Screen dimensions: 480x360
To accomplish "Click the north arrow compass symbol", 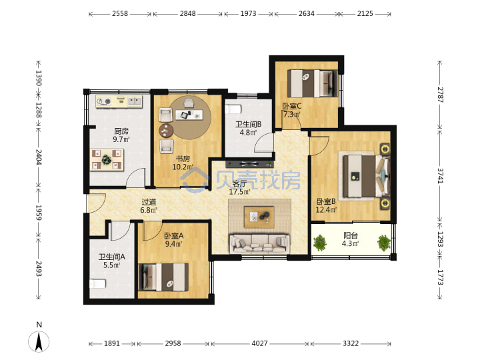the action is tap(39, 341).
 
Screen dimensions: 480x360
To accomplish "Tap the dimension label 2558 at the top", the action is tap(120, 13).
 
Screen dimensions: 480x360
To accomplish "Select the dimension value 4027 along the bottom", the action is tap(259, 343).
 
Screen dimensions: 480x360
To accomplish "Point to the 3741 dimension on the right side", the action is tap(440, 176).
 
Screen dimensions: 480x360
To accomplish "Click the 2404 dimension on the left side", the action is tap(39, 157).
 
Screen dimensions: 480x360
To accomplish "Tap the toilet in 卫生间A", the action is tap(97, 284).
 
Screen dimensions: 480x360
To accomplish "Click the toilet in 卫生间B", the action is tap(233, 109).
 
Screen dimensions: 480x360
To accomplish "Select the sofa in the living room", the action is tap(259, 244).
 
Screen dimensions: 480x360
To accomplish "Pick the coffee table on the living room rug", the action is tap(259, 217).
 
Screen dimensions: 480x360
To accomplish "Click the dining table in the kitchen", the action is tap(107, 159).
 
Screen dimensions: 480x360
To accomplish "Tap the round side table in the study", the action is tap(166, 131).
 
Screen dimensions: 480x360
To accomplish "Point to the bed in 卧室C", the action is tap(312, 83).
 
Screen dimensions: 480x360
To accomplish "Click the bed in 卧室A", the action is tap(163, 277).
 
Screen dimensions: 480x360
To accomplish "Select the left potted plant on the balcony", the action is tap(319, 243).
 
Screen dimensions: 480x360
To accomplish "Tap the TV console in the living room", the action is tap(249, 164).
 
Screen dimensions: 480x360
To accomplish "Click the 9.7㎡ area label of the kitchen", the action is tap(121, 139).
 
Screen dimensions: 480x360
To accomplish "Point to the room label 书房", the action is tap(183, 159).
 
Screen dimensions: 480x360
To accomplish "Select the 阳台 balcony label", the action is tap(350, 235).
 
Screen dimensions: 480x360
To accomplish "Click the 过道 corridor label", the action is tap(149, 202).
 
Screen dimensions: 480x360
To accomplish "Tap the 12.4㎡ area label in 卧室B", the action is tap(326, 210).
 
